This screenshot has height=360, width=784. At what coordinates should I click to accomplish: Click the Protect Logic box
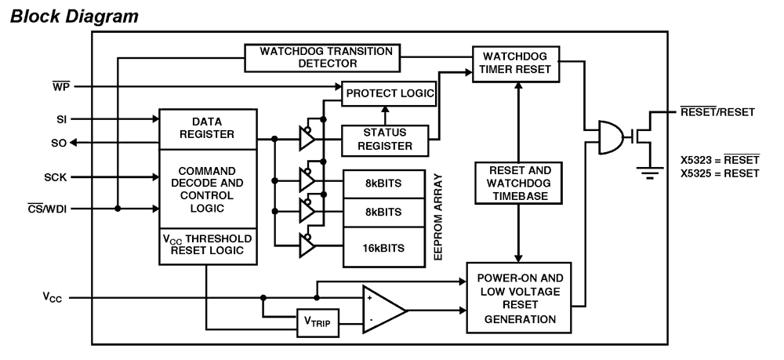click(388, 92)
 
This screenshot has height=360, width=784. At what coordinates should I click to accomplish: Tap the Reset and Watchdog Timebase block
click(517, 183)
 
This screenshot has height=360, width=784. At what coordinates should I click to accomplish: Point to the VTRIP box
click(318, 322)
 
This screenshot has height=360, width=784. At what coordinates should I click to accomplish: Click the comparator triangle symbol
click(382, 310)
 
